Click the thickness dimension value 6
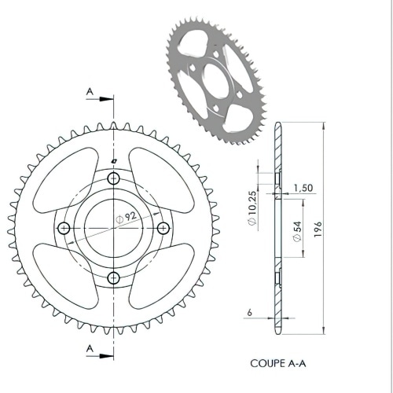(x=249, y=313)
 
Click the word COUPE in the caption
(x=267, y=364)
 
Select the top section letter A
(x=90, y=93)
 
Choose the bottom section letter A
(x=90, y=347)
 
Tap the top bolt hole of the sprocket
(x=114, y=178)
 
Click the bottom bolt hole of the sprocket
(x=114, y=277)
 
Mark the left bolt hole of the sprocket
(x=64, y=228)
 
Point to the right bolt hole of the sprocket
(x=163, y=228)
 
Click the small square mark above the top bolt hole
(x=114, y=163)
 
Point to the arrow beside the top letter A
(x=102, y=98)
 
